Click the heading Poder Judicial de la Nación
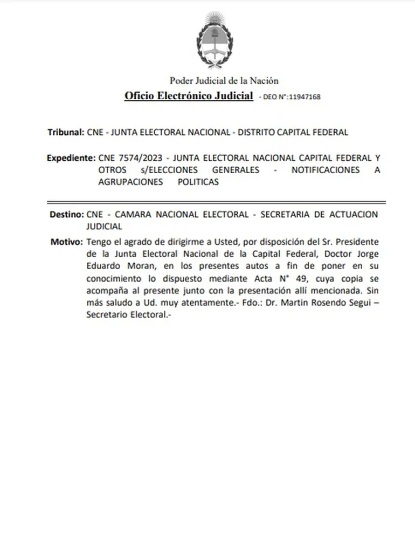[x=224, y=81]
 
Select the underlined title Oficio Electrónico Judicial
[x=189, y=96]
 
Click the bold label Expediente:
[x=71, y=158]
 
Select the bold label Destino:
[x=67, y=215]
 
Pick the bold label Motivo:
[x=67, y=241]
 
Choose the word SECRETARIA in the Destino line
[x=283, y=215]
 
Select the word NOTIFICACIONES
[x=325, y=170]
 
